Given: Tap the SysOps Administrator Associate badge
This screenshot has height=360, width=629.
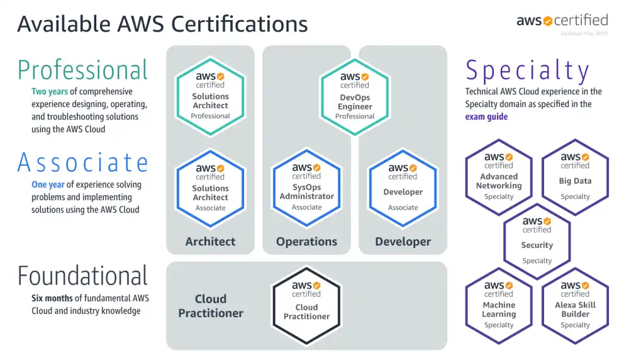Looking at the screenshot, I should tap(307, 187).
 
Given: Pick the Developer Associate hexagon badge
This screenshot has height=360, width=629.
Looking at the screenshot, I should tap(403, 187).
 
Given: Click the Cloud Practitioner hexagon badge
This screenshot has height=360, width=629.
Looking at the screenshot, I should tap(306, 305).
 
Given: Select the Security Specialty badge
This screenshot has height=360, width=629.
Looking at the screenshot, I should tap(537, 240).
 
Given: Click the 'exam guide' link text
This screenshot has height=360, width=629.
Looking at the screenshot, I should tap(486, 116).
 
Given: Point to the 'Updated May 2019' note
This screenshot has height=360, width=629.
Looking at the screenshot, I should tap(584, 33).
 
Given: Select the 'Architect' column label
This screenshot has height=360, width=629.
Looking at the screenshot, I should tap(210, 241).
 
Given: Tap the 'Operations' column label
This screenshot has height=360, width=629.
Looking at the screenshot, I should tap(306, 241).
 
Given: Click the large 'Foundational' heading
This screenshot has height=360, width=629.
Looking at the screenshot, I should tap(82, 276).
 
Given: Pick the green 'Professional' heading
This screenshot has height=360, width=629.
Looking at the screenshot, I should tap(82, 69).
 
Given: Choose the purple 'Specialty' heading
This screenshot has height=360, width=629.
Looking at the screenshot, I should tap(527, 71).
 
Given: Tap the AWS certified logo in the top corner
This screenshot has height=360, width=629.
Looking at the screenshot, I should tap(562, 20).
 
